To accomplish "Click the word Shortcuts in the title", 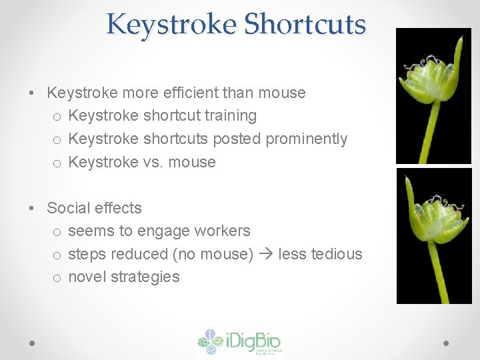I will coord(305,24).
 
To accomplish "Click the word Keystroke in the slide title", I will coord(171,24).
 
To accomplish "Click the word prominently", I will coord(307,139).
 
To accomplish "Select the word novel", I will coord(87,277).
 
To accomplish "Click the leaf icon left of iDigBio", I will coord(211,341).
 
